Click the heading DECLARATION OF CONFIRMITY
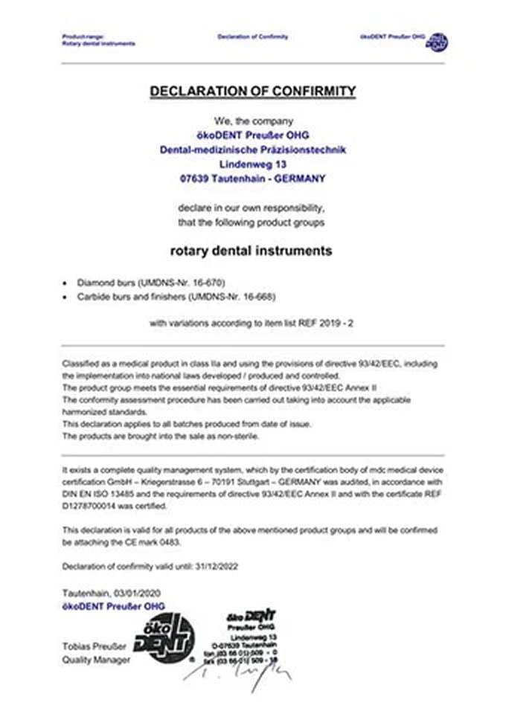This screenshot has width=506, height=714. point(253,91)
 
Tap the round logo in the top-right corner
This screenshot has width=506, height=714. point(437,42)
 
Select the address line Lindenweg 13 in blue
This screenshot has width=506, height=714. point(253,164)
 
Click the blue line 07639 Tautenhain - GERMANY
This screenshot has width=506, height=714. point(253,178)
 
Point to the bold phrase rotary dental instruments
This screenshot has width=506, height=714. point(252,251)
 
